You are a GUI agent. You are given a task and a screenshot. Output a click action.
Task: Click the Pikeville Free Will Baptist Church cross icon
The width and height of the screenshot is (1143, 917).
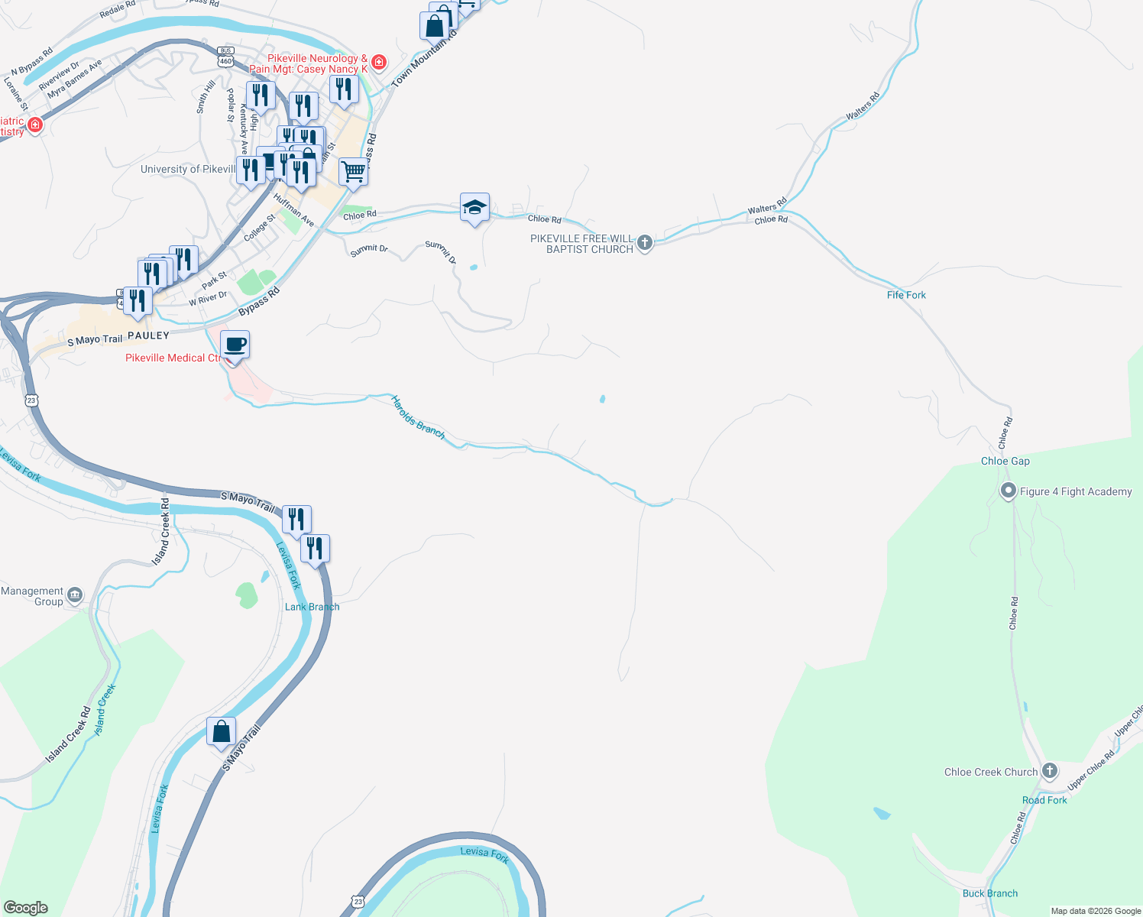pos(645,243)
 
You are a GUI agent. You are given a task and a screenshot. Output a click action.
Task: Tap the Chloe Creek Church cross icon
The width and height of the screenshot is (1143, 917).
pos(1050,771)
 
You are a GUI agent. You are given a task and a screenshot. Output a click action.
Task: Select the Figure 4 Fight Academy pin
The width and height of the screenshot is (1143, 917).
pos(1009,491)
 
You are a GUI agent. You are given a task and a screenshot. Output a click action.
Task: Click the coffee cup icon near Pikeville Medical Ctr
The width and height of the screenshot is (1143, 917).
pos(235,345)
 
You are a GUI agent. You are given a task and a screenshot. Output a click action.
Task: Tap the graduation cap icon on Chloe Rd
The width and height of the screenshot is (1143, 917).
pos(474,207)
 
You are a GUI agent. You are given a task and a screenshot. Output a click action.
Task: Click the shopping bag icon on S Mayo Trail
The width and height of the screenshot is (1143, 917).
pos(221,731)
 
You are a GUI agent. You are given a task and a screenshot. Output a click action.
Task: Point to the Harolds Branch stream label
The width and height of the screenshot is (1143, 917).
pos(418,416)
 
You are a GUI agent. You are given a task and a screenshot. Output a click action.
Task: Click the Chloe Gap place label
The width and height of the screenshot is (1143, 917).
pos(1005,461)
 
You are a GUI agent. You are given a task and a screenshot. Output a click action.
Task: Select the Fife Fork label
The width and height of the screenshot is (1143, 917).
pos(906,295)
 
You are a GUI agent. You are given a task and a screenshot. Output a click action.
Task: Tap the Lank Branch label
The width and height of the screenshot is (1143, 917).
pos(312,607)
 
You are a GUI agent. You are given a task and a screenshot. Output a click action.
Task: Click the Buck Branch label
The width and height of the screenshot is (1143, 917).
pos(990,893)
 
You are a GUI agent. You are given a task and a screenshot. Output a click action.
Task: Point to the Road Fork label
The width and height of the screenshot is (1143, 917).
pos(1044,800)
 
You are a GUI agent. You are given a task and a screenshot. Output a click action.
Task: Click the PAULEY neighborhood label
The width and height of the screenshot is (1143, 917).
pos(148,335)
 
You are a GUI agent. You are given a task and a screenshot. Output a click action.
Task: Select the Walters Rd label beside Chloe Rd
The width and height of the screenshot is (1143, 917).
pos(767,209)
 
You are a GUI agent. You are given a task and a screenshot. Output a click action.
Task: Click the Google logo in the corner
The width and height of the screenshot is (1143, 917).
pos(26,908)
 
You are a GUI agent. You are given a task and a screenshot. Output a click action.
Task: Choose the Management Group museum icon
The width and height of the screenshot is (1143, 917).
pos(75,595)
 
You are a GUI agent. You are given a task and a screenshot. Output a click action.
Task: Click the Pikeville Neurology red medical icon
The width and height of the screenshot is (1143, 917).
pos(379,62)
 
